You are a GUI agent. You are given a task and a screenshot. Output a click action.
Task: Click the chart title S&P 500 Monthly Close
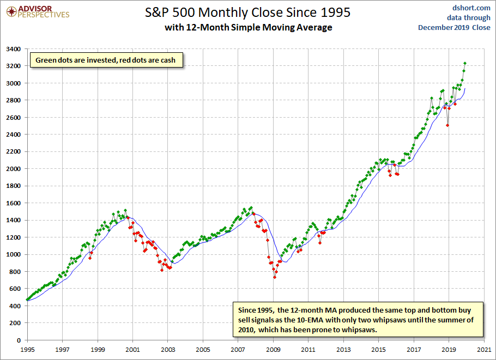pyautogui.click(x=248, y=12)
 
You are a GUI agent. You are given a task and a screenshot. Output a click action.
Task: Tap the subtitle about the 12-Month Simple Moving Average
pyautogui.click(x=248, y=27)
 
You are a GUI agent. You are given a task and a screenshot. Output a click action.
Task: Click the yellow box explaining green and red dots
pyautogui.click(x=106, y=60)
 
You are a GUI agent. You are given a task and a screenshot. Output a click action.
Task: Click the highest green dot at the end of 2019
pyautogui.click(x=465, y=63)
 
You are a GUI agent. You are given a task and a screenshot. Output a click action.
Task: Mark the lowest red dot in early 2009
pyautogui.click(x=275, y=277)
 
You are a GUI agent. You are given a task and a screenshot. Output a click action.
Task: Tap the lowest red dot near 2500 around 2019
pyautogui.click(x=447, y=125)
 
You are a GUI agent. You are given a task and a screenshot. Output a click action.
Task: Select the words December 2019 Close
pyautogui.click(x=454, y=27)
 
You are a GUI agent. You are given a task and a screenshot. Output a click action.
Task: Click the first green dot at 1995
pyautogui.click(x=27, y=300)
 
